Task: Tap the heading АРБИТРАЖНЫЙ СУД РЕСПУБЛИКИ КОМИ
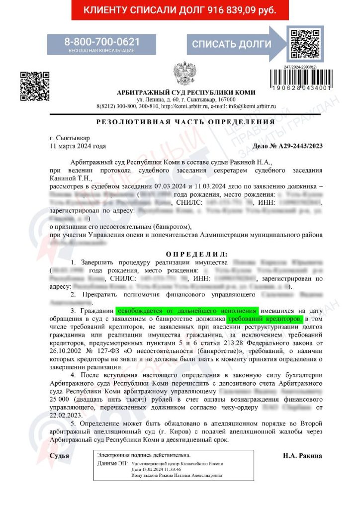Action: (x=185, y=92)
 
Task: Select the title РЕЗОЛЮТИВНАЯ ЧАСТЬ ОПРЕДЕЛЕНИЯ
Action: (x=185, y=122)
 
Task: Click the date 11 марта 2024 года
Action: (x=78, y=146)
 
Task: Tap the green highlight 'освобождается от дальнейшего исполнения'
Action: (x=188, y=310)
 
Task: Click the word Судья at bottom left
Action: (x=60, y=455)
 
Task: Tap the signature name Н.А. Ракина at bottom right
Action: (x=302, y=455)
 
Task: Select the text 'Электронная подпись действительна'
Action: (x=143, y=455)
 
